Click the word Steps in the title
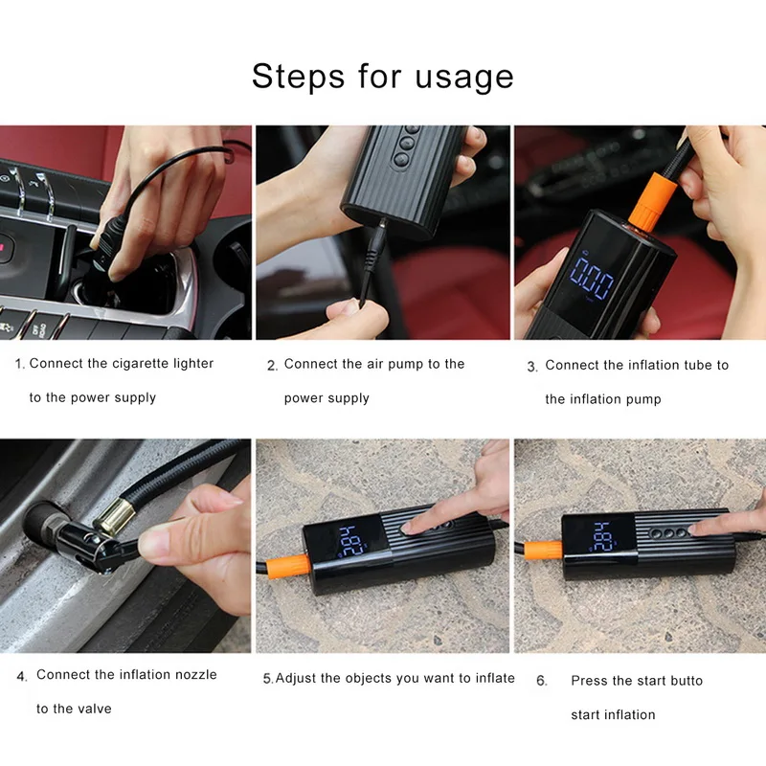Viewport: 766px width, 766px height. click(x=299, y=76)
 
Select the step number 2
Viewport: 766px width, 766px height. click(x=272, y=366)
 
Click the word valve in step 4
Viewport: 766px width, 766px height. click(x=95, y=709)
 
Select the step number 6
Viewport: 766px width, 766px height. click(x=541, y=681)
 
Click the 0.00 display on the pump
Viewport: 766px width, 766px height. click(x=592, y=278)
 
